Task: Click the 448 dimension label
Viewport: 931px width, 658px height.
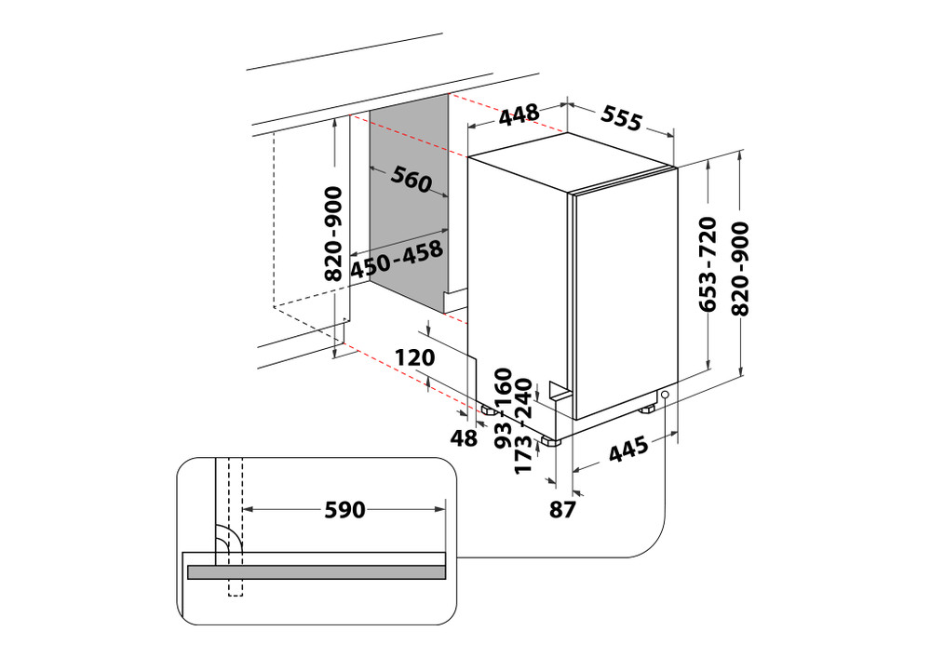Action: (519, 114)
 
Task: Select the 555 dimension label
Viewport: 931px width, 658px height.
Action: (621, 118)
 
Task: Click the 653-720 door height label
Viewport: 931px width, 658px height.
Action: (708, 264)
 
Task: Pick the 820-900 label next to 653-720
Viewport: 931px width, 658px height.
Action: (742, 264)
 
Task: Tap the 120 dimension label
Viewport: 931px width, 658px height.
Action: (414, 357)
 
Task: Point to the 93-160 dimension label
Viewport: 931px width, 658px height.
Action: (504, 408)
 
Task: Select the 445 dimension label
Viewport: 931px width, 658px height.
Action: (629, 453)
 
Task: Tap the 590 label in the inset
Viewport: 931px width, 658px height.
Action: (344, 509)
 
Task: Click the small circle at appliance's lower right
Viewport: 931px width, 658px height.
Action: (666, 396)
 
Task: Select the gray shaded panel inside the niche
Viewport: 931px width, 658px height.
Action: (411, 214)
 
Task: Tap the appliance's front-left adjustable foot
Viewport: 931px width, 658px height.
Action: (553, 440)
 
